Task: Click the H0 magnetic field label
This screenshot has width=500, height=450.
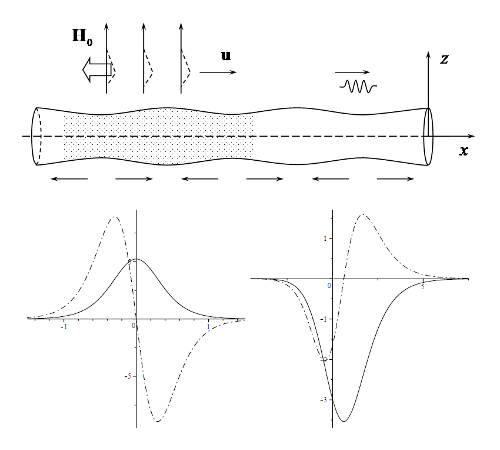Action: click(82, 37)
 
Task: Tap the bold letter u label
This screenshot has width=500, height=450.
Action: click(226, 55)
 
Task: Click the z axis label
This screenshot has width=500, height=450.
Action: click(444, 59)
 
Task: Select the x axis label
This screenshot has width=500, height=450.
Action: click(464, 151)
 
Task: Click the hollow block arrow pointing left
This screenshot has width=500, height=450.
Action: click(97, 70)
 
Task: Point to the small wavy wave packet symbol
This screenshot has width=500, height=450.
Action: click(358, 86)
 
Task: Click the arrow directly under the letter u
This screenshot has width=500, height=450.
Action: click(218, 72)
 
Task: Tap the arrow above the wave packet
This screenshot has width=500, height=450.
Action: click(352, 72)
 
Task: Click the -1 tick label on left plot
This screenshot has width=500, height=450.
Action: click(64, 327)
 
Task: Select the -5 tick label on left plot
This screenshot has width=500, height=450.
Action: click(128, 376)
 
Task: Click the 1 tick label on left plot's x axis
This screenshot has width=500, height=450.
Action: click(209, 327)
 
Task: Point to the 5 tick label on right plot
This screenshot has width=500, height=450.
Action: click(422, 287)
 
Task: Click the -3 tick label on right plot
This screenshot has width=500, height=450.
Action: click(324, 400)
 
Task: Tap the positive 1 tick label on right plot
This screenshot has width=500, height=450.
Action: click(325, 239)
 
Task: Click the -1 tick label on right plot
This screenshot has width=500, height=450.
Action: click(324, 319)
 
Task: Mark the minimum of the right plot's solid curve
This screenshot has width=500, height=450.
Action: click(344, 421)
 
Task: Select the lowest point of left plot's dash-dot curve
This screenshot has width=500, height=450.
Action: click(158, 421)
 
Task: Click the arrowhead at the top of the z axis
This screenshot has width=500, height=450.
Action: click(428, 54)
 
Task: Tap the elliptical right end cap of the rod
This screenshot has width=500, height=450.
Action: click(428, 137)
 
